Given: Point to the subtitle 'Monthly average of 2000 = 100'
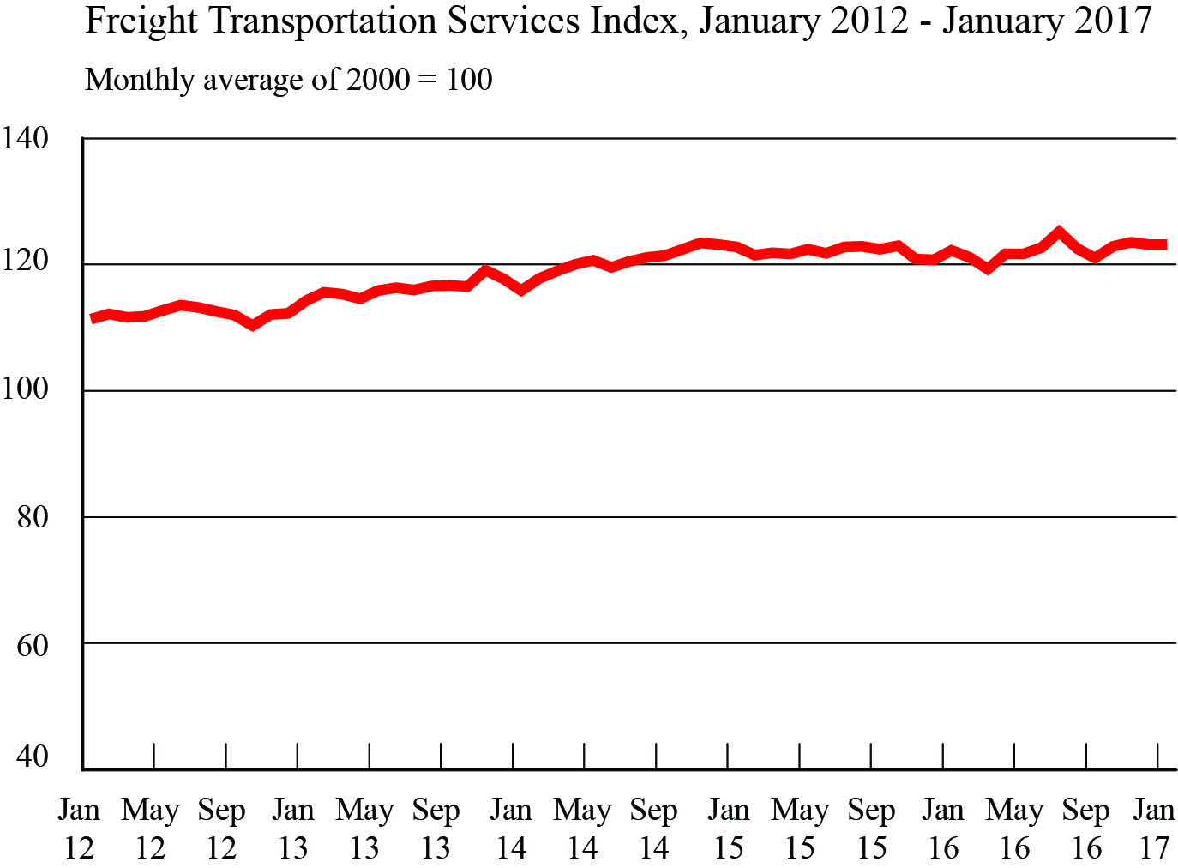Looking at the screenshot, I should click(289, 80).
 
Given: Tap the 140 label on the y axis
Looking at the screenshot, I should click(25, 137).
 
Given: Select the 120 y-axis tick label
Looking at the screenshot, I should click(25, 262).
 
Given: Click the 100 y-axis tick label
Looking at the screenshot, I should click(25, 389).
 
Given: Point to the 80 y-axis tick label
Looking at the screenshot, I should click(33, 516).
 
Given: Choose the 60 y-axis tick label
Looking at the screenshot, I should click(33, 644).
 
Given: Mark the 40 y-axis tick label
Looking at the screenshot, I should click(33, 757).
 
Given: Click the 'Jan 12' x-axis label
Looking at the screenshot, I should click(79, 829).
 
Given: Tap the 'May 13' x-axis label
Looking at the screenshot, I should click(364, 829).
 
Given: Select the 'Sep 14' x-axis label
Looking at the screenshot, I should click(654, 829).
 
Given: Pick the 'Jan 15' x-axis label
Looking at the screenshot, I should click(728, 829).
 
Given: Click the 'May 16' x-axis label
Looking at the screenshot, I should click(1014, 829).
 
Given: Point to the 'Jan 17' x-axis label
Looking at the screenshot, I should click(1154, 829).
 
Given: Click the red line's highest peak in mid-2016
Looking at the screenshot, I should click(1059, 232).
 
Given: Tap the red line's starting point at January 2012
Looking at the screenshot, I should click(93, 319).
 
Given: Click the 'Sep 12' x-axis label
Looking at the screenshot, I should click(222, 829).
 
